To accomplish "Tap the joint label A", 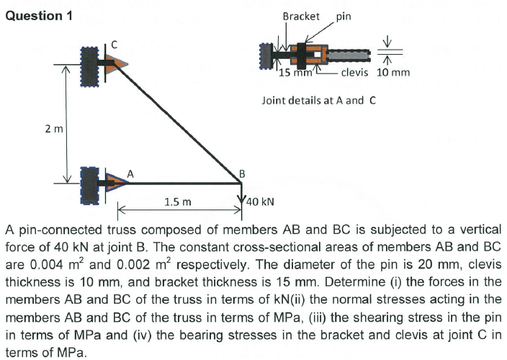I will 130,172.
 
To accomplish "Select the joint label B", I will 243,173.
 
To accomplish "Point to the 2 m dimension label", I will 53,129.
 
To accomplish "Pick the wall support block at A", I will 91,183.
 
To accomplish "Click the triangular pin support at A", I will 117,183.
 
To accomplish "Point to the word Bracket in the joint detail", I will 301,16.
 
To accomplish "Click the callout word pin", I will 344,16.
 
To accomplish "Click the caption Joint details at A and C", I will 319,100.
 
